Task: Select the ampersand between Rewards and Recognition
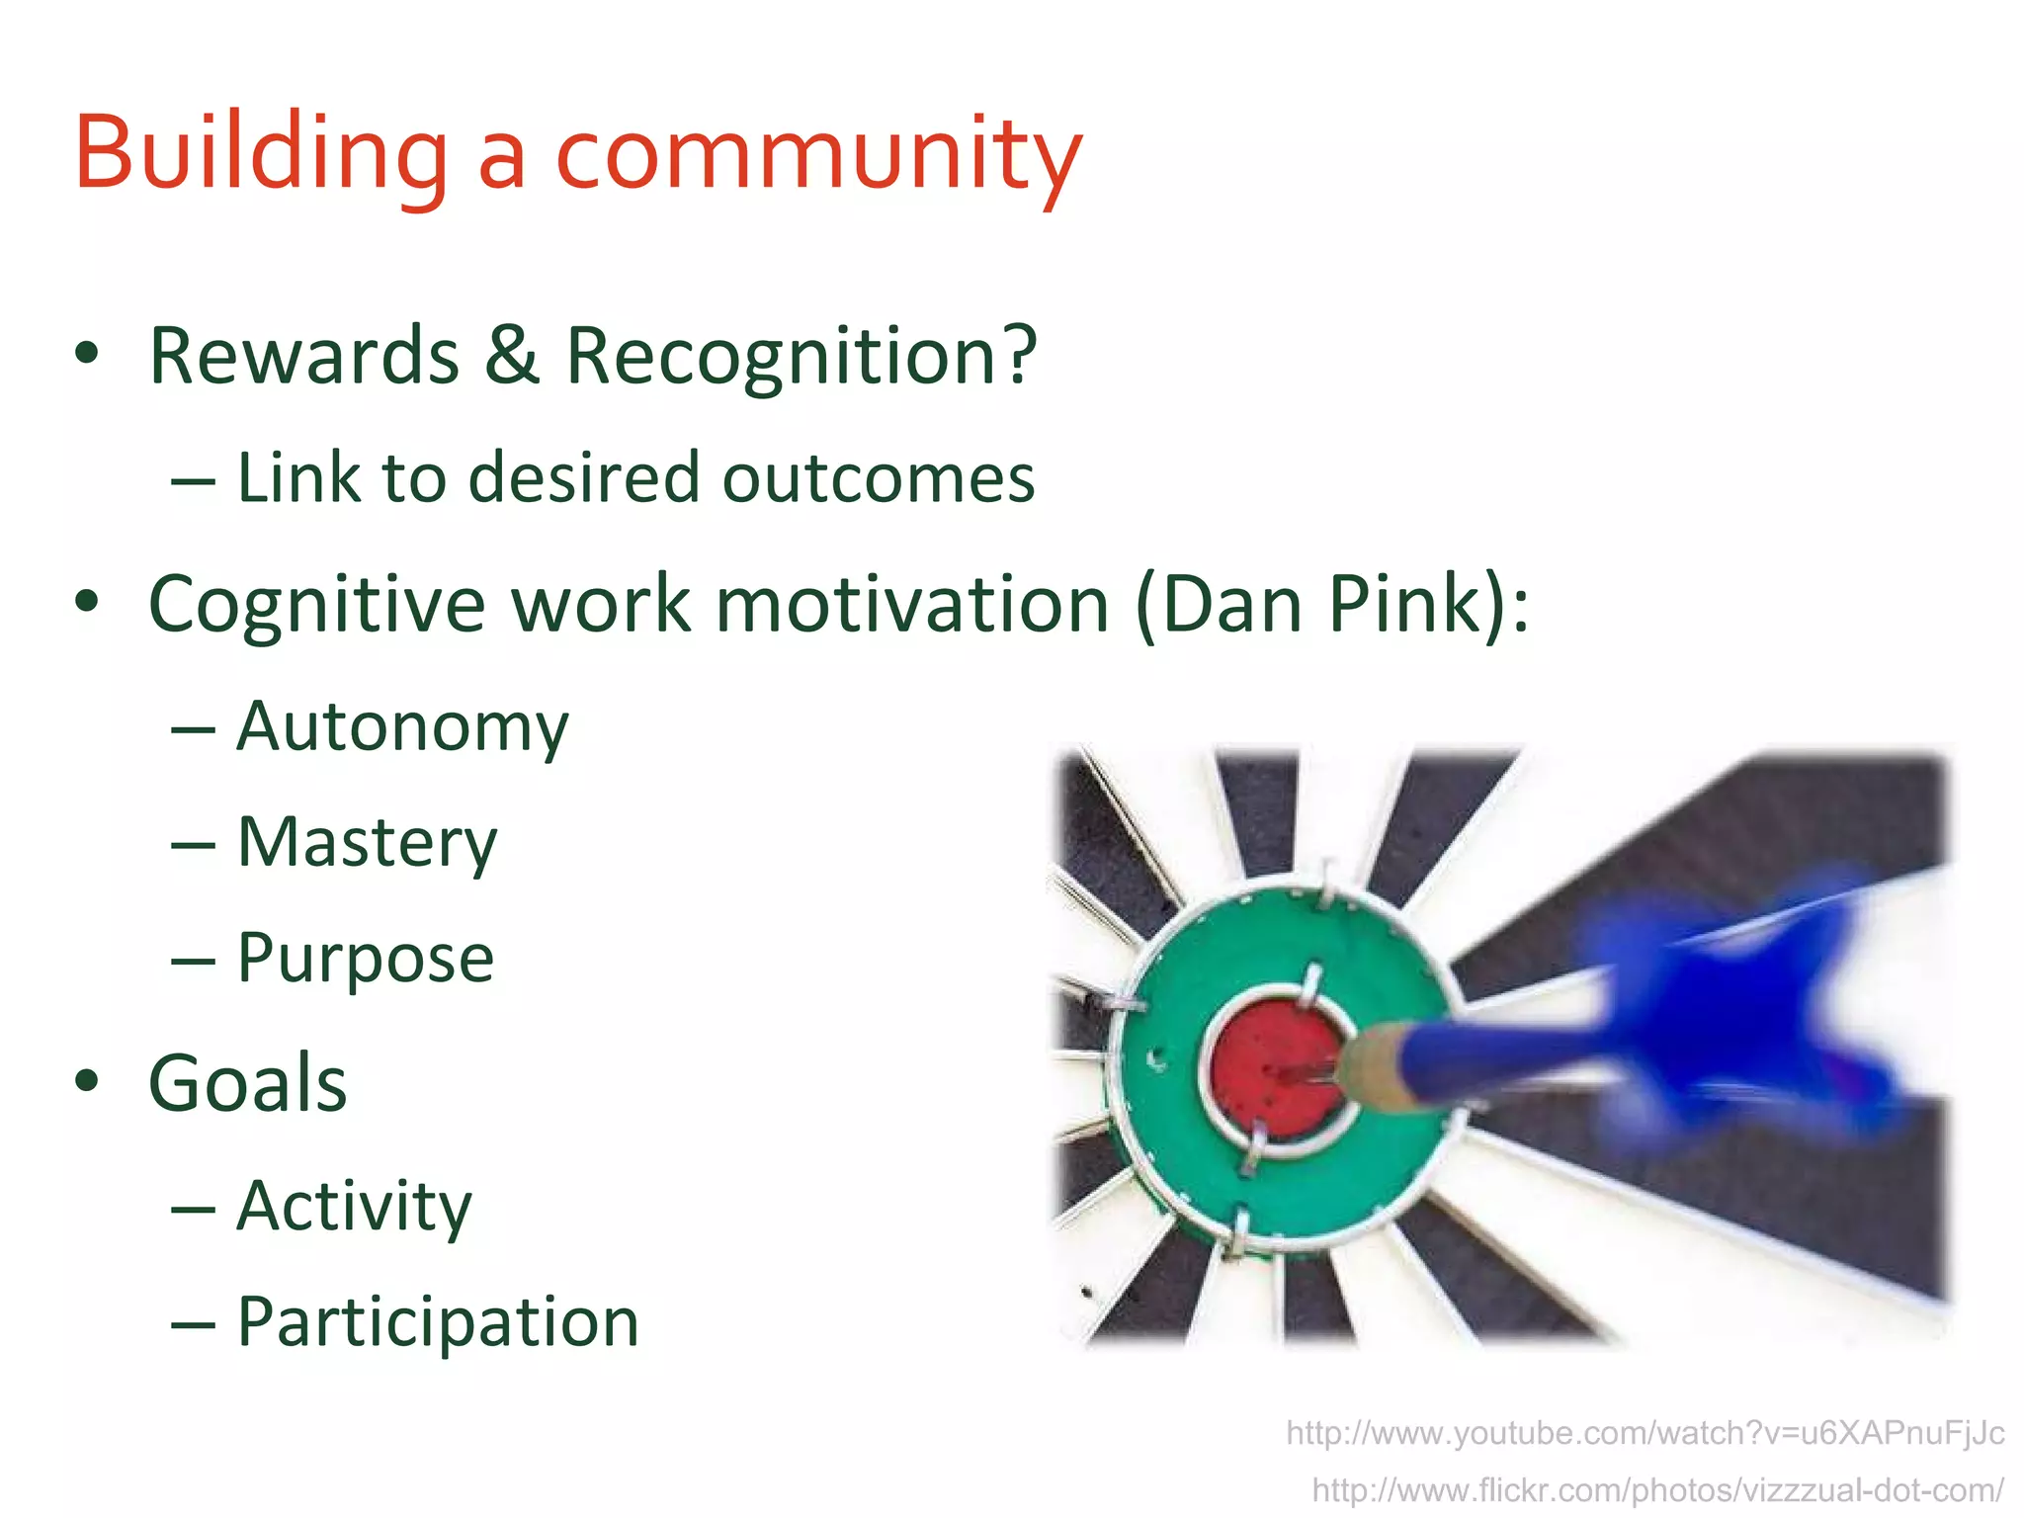511,356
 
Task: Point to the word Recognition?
801,358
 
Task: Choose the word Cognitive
316,605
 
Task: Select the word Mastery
367,843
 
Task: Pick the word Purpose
366,959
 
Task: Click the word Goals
247,1083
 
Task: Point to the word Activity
354,1207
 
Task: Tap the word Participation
438,1322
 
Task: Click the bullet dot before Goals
87,1081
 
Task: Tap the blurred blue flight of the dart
1739,1008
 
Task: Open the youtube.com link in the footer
1644,1433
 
